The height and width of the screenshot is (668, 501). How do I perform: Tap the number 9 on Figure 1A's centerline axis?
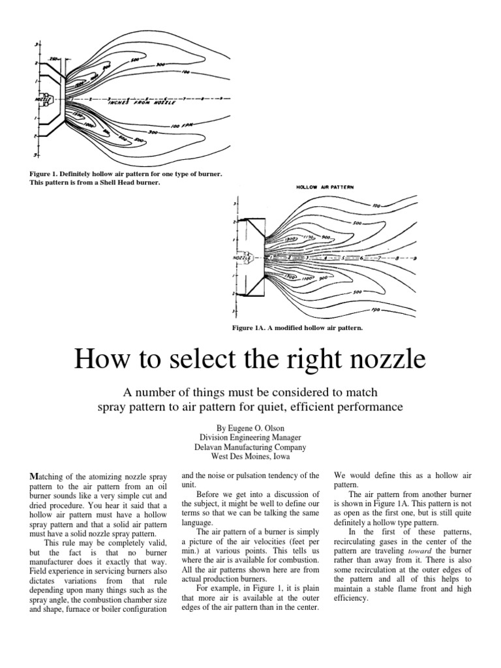[x=416, y=259]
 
